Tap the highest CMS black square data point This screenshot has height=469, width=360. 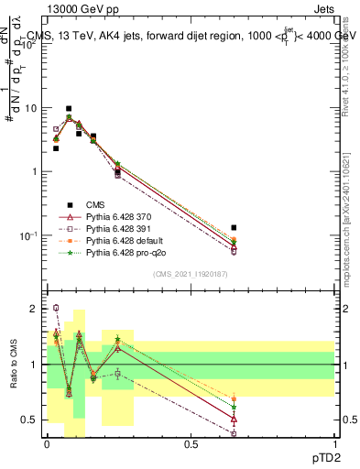(x=69, y=108)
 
